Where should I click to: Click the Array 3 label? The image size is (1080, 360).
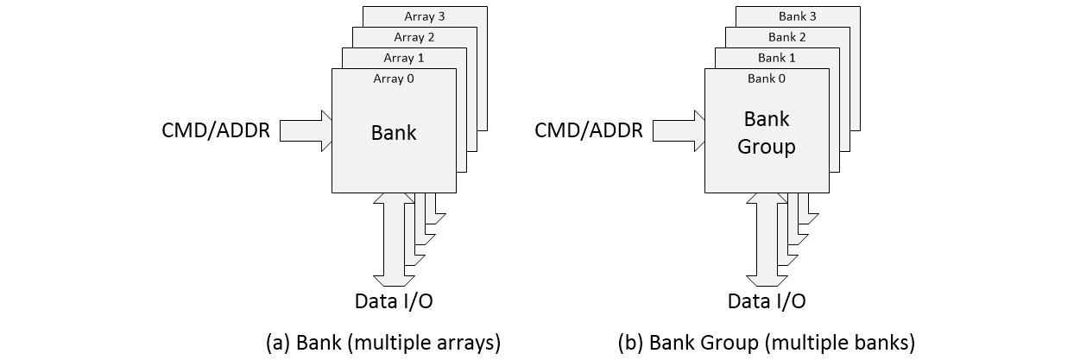pos(425,16)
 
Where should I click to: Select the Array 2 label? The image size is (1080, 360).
pos(414,37)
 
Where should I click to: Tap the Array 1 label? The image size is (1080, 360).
pos(404,58)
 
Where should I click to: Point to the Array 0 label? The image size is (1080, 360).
pos(394,79)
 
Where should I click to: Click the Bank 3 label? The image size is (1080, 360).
pos(798,16)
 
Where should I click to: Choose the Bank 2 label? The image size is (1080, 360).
pos(787,37)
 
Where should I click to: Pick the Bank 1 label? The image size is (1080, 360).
pos(777,58)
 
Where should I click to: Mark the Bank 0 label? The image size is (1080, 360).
pos(767,79)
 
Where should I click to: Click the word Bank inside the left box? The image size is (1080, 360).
pos(394,133)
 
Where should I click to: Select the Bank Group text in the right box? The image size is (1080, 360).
pos(766,133)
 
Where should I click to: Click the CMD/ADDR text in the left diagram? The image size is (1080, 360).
pos(216,131)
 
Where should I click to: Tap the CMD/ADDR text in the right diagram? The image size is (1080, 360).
pos(589,131)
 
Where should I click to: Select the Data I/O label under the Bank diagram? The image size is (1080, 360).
pos(394,301)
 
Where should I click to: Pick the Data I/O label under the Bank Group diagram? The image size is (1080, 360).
pos(767,301)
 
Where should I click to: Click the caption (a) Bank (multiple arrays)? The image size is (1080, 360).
pos(383,342)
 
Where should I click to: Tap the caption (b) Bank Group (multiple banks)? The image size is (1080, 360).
pos(767,342)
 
